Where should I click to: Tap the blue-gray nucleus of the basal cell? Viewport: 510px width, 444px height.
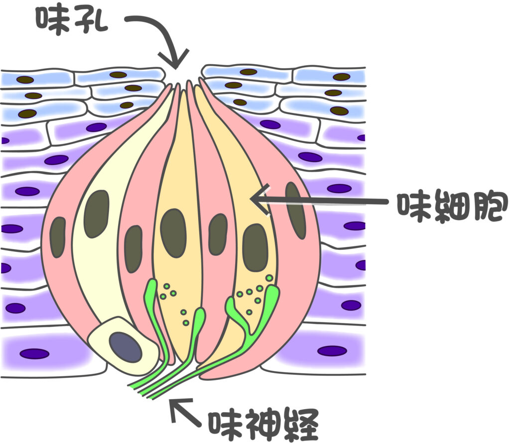pyautogui.click(x=125, y=347)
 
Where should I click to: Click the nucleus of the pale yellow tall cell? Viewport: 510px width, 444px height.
pyautogui.click(x=96, y=214)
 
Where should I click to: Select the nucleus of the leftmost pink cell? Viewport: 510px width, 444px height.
pyautogui.click(x=58, y=237)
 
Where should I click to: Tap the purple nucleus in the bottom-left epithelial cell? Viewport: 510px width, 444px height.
pyautogui.click(x=34, y=353)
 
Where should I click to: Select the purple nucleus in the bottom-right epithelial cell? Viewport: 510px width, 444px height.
pyautogui.click(x=332, y=350)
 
